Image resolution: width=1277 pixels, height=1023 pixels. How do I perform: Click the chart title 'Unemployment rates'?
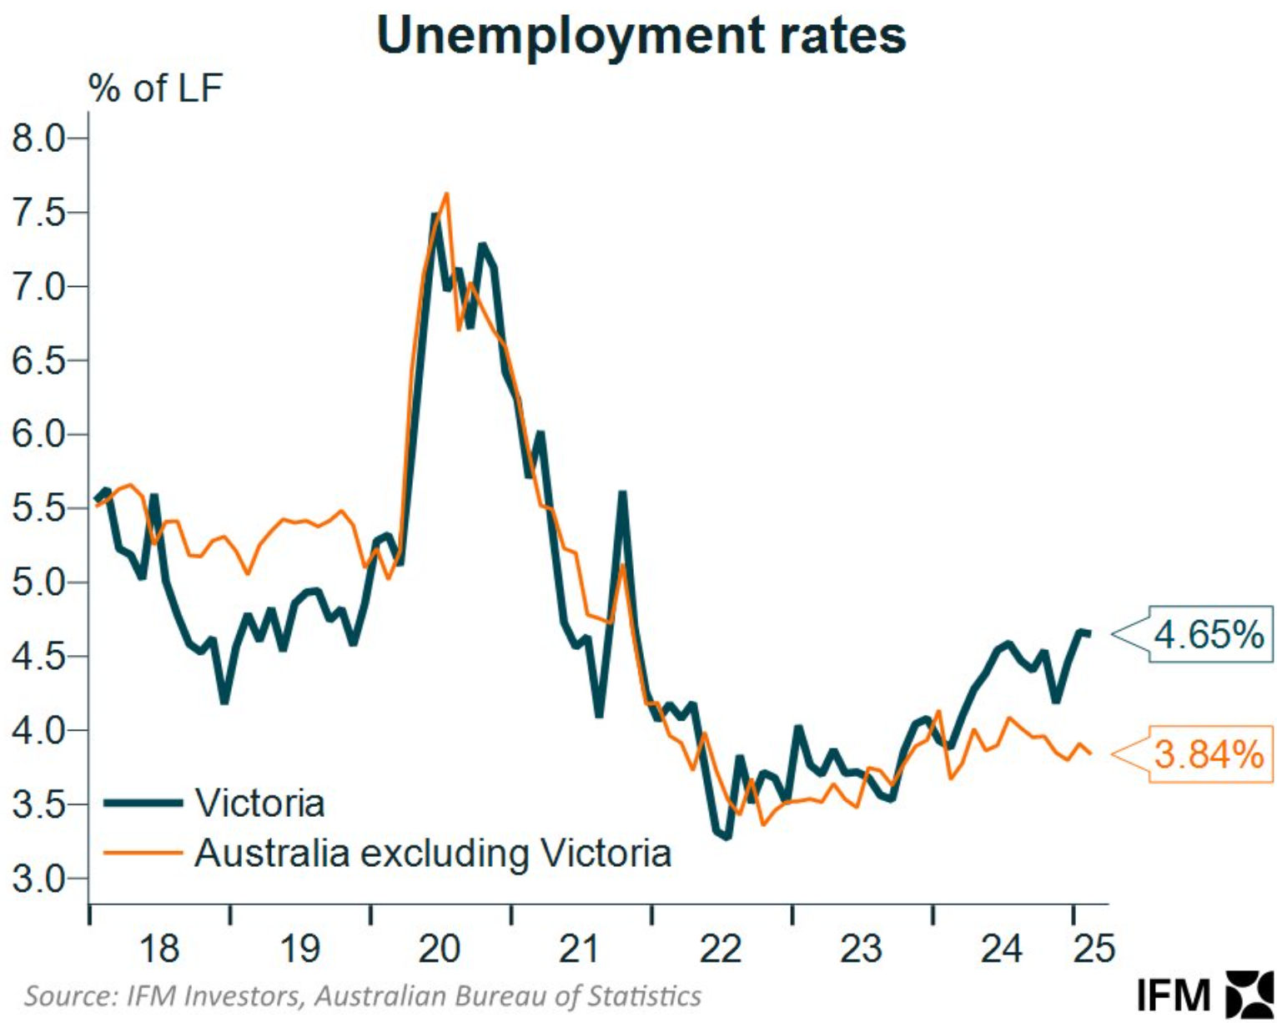click(x=641, y=35)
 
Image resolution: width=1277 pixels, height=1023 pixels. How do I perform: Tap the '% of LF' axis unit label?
click(x=155, y=88)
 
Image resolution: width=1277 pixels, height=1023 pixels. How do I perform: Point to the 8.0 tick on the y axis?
click(x=39, y=139)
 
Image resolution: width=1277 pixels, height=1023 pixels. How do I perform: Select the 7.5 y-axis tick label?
click(x=39, y=213)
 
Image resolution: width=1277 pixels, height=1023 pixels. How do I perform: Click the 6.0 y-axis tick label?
click(x=39, y=435)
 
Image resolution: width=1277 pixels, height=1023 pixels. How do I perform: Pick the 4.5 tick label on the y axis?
click(x=39, y=657)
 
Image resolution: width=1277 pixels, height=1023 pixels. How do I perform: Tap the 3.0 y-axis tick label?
click(x=39, y=879)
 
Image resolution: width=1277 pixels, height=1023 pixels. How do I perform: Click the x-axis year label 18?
click(x=158, y=949)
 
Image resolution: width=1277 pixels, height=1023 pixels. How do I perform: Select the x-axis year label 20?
click(x=440, y=949)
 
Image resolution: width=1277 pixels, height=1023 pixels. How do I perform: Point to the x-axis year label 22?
click(x=721, y=949)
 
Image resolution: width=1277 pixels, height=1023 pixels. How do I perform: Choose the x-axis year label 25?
click(x=1093, y=949)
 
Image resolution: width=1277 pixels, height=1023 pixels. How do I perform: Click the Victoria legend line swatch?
click(x=143, y=804)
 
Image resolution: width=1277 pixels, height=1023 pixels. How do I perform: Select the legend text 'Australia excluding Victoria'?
click(x=433, y=854)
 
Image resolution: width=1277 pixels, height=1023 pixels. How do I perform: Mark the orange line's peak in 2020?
click(x=447, y=194)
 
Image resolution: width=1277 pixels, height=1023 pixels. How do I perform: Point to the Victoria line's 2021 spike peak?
click(x=622, y=494)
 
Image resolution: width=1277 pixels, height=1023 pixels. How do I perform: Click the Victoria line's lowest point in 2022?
click(x=727, y=836)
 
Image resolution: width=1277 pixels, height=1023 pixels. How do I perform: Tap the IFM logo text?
click(x=1173, y=995)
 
